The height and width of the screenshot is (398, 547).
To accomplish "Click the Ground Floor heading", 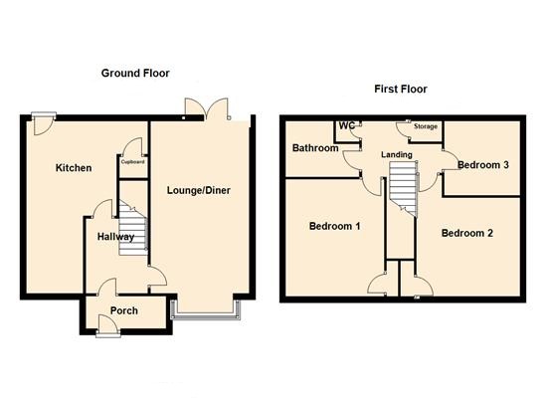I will tap(134, 73).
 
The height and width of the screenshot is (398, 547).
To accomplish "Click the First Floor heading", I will tap(401, 89).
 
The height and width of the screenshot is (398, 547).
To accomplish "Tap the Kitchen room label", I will tap(74, 168).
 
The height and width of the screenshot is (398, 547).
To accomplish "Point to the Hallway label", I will tap(115, 237).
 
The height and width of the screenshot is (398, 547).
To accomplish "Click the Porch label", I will tap(124, 310).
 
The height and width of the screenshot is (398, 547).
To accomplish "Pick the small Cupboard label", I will tap(133, 160).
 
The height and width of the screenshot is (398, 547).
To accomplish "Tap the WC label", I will tap(347, 126).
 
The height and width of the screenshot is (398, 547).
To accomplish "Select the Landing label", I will tap(398, 154).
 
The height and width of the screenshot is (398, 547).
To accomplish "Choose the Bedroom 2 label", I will tap(466, 233).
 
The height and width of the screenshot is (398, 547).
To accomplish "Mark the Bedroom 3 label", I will tap(483, 164).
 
